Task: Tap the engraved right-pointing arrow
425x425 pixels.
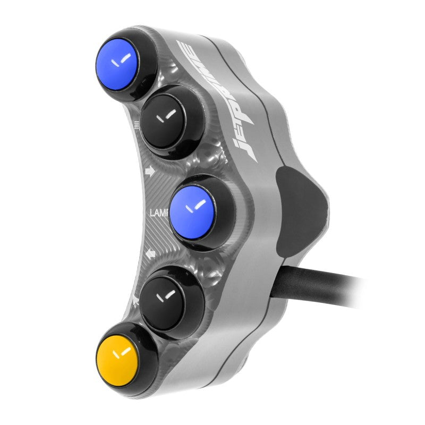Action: pyautogui.click(x=149, y=171)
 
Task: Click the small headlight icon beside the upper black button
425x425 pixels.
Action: pyautogui.click(x=137, y=126)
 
